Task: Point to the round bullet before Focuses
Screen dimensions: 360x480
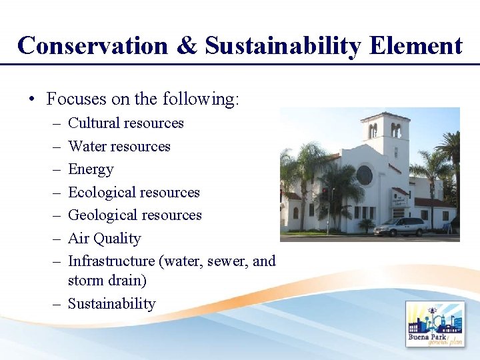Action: tap(31, 100)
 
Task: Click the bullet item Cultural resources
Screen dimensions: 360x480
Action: tap(125, 123)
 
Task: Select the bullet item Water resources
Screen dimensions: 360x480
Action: tap(119, 147)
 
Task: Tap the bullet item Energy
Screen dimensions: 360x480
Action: tap(91, 169)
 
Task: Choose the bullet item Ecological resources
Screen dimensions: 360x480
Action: tap(133, 193)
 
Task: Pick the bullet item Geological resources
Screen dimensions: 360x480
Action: tap(135, 215)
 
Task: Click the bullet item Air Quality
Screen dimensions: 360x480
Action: tap(104, 239)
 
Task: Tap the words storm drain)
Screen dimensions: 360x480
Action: tap(107, 281)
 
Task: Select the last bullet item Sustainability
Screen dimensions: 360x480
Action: tap(111, 304)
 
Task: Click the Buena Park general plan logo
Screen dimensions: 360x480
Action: tap(435, 324)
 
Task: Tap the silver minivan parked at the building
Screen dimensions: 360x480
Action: tap(400, 226)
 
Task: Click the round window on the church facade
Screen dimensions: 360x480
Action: tap(364, 175)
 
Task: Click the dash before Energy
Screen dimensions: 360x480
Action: tap(56, 169)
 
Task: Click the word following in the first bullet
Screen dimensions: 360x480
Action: tap(199, 100)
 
